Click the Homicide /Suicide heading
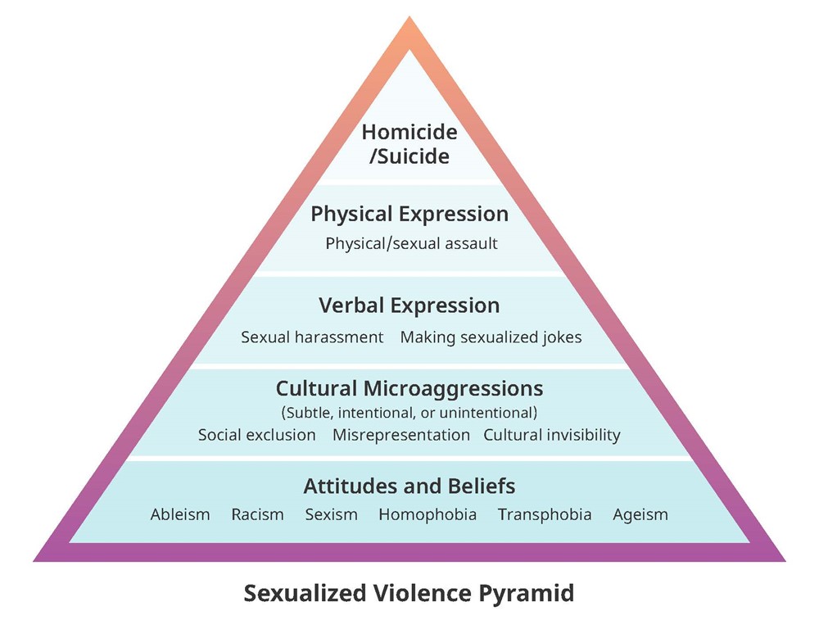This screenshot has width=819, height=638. click(x=409, y=143)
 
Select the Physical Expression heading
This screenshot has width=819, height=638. click(x=409, y=215)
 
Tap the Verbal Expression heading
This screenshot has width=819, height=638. click(x=409, y=305)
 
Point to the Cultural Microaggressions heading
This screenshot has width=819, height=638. click(x=409, y=387)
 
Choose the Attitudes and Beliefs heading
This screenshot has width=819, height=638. click(x=409, y=486)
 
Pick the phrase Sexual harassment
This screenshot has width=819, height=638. click(x=312, y=337)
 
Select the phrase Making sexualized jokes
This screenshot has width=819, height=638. click(x=491, y=337)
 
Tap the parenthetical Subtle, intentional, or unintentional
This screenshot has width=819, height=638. click(x=409, y=412)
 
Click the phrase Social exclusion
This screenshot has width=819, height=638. click(x=256, y=435)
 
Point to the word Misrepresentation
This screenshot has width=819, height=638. click(x=401, y=435)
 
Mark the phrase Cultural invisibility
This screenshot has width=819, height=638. click(x=552, y=435)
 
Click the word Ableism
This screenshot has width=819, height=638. click(x=180, y=514)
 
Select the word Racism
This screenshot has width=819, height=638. click(x=257, y=514)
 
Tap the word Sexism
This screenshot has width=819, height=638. click(x=332, y=514)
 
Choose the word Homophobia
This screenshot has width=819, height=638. click(x=428, y=514)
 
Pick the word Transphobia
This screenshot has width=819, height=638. click(x=545, y=514)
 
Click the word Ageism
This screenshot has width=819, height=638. click(x=640, y=514)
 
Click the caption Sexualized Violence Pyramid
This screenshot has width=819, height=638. click(x=409, y=592)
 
